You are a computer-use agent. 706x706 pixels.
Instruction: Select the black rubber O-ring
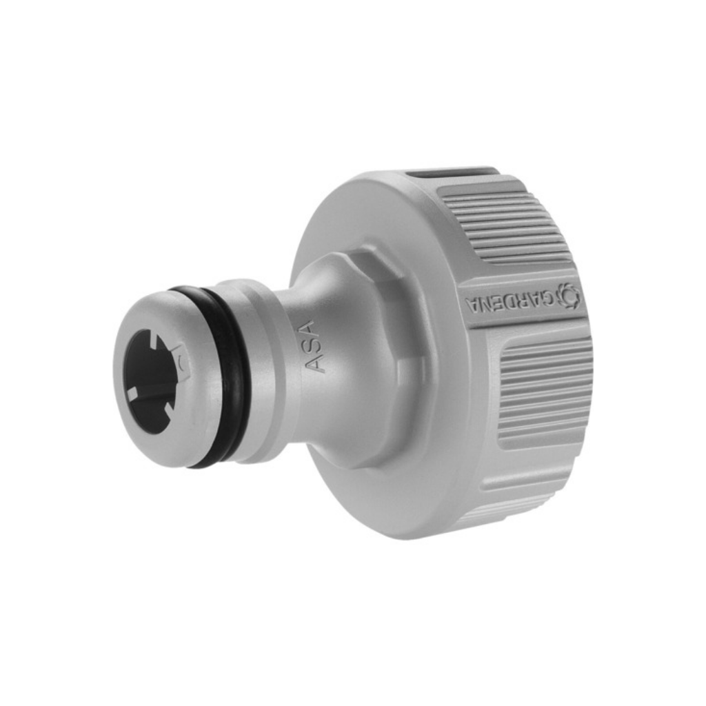point(221,376)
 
